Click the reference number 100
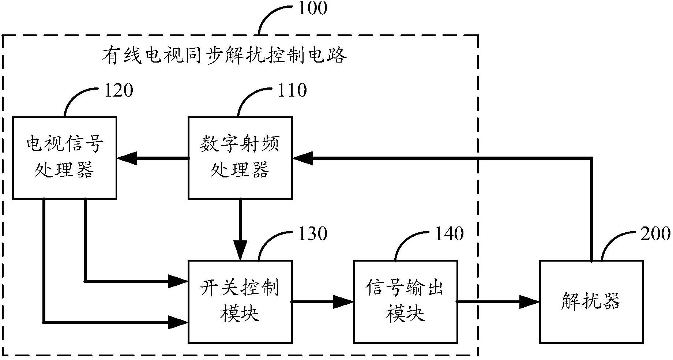click(312, 8)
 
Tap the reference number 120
click(119, 90)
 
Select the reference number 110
click(292, 90)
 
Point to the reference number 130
click(312, 234)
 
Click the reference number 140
click(449, 234)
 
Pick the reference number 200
click(655, 234)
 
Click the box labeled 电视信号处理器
click(64, 158)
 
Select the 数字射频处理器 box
click(240, 158)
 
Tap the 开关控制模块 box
click(240, 302)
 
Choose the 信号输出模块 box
click(405, 302)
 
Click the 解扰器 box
click(591, 302)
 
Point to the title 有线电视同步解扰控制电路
click(224, 56)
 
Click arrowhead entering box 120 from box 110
click(127, 158)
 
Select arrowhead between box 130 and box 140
click(344, 302)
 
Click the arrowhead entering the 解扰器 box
click(530, 302)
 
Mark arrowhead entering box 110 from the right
click(302, 158)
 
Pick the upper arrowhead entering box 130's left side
click(178, 281)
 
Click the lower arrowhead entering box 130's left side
click(178, 322)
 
